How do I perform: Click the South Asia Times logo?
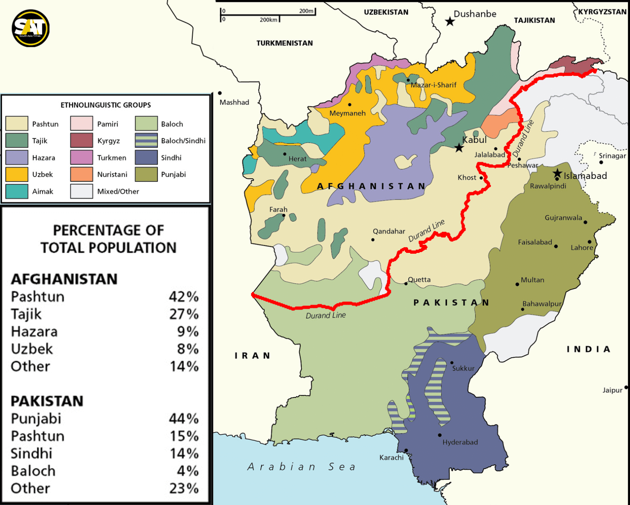point(31,28)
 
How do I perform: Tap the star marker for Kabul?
point(459,148)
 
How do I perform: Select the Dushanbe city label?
point(475,14)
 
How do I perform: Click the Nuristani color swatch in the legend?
point(81,174)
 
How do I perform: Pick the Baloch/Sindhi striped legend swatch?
point(146,141)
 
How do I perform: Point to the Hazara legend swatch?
point(17,158)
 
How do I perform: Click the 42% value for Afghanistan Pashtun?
point(183,296)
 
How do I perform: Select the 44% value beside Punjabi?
point(183,418)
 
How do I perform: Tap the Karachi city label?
point(391,457)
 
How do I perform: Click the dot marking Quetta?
point(406,284)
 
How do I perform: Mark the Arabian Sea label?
point(301,467)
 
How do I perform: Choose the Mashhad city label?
point(234,102)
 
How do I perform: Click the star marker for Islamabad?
point(557,173)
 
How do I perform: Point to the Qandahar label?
point(389,231)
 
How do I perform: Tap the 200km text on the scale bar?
point(268,20)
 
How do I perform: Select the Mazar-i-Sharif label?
point(433,85)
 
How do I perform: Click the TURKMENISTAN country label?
point(284,43)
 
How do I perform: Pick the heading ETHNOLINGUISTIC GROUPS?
point(106,105)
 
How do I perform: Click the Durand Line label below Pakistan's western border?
point(326,315)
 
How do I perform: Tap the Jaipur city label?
point(612,390)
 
